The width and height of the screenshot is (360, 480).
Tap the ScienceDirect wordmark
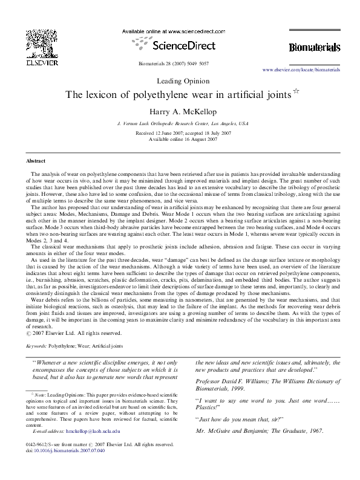(x=180, y=45)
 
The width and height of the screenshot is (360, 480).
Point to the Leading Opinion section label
(x=180, y=80)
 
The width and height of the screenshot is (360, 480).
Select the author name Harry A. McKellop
(x=180, y=111)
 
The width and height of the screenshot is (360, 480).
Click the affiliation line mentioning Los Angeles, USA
(x=180, y=123)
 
